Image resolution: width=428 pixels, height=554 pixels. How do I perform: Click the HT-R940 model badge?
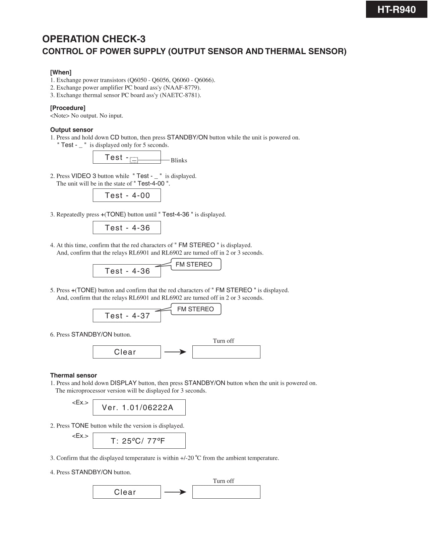pos(396,9)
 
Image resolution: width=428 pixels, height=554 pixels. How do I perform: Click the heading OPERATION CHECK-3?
pos(94,39)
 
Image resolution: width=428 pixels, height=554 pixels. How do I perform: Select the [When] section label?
pos(61,72)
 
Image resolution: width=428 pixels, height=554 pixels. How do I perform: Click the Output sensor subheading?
pos(71,130)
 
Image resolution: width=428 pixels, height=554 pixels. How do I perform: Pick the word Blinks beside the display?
pos(179,161)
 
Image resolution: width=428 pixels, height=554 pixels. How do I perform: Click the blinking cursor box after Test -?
pos(134,160)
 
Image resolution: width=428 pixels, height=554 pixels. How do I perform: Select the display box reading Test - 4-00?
pos(127,196)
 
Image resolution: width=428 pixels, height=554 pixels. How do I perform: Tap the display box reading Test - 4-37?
pos(127,316)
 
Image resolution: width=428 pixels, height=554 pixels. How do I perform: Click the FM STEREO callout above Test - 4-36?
pos(196,264)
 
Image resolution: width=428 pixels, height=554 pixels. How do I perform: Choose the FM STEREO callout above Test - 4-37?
pos(196,309)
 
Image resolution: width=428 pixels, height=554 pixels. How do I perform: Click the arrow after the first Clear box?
pos(175,352)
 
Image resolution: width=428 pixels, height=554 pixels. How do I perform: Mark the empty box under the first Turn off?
pos(226,352)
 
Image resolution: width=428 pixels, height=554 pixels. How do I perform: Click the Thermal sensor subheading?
pos(73,376)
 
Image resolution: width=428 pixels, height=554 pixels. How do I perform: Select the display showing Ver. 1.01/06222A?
pos(139,407)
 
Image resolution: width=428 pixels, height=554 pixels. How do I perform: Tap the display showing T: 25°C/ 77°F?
pos(139,441)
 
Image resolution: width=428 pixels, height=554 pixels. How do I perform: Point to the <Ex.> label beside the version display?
pos(80,402)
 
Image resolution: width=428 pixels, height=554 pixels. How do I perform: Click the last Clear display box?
pos(127,492)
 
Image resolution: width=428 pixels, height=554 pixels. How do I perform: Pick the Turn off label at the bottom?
pos(224,481)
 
